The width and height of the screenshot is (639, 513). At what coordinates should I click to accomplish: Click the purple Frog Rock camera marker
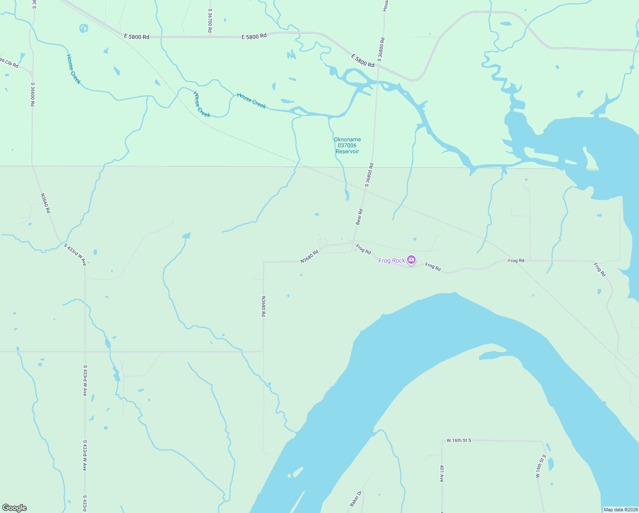(x=411, y=259)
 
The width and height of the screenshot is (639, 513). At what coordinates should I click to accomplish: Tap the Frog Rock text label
(x=391, y=260)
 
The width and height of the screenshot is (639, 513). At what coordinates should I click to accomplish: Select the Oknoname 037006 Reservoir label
(x=347, y=145)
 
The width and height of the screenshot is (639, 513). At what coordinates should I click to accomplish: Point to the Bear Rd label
(x=359, y=217)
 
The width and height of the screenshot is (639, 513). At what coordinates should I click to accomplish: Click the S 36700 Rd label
(x=210, y=21)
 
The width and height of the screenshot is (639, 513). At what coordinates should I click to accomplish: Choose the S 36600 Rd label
(x=32, y=94)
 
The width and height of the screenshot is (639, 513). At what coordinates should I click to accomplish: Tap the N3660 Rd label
(x=46, y=203)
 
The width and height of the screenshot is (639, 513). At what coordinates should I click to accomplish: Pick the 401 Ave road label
(x=442, y=473)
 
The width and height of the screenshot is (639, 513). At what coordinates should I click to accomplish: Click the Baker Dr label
(x=356, y=498)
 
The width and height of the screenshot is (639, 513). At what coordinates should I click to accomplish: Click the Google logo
(x=15, y=508)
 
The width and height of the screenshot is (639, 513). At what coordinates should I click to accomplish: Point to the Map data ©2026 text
(x=620, y=510)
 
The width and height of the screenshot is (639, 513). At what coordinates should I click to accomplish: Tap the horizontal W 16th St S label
(x=459, y=440)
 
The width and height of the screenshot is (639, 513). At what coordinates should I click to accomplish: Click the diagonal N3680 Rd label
(x=310, y=256)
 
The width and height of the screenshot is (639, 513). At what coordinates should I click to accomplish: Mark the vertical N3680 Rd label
(x=264, y=306)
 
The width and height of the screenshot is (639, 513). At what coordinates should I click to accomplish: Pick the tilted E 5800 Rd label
(x=363, y=60)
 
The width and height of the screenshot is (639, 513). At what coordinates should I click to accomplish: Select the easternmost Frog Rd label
(x=600, y=269)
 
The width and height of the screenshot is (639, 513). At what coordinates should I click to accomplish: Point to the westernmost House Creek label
(x=73, y=69)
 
